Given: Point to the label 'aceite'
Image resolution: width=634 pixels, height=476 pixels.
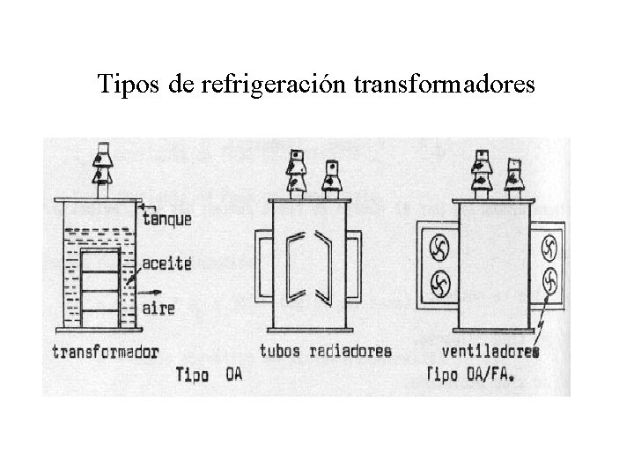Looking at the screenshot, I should click(165, 263).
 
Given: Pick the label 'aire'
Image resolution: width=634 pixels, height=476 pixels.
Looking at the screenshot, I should click(158, 308).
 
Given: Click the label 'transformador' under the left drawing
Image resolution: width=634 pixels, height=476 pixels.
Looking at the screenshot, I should click(105, 352).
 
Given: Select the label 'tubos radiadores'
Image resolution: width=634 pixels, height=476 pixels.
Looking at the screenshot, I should click(325, 351).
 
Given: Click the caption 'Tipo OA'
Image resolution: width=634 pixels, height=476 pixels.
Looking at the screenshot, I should click(209, 374).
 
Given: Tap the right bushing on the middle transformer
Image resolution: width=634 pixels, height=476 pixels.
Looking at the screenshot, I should click(331, 176).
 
